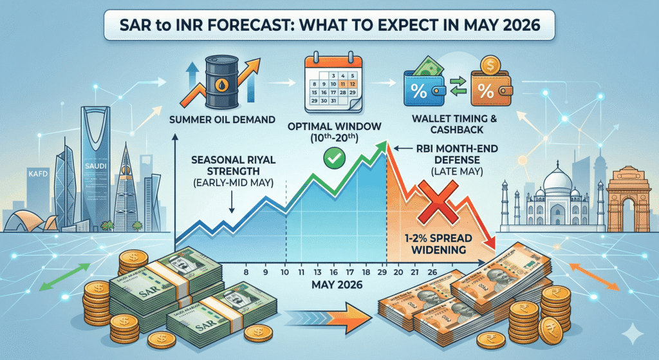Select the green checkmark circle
[334, 155]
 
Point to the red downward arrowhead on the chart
[491, 243]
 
